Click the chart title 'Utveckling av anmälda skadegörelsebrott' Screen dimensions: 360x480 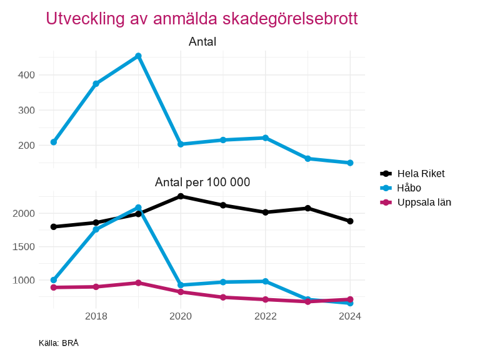click(x=202, y=19)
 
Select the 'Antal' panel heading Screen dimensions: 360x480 click(x=202, y=42)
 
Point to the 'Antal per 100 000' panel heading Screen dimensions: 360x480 click(x=202, y=182)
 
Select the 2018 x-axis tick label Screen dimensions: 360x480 click(x=96, y=316)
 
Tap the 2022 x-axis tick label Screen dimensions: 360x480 click(x=266, y=316)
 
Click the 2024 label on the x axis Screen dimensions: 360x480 click(x=350, y=316)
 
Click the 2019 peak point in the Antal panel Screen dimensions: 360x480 click(x=138, y=56)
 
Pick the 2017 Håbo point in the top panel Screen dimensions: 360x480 click(x=54, y=142)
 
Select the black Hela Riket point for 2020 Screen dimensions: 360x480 click(x=181, y=196)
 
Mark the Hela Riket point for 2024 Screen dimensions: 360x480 click(x=350, y=221)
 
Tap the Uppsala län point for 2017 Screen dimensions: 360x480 click(x=54, y=287)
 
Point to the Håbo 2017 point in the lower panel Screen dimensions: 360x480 click(x=54, y=280)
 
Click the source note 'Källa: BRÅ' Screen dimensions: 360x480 click(x=58, y=343)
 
